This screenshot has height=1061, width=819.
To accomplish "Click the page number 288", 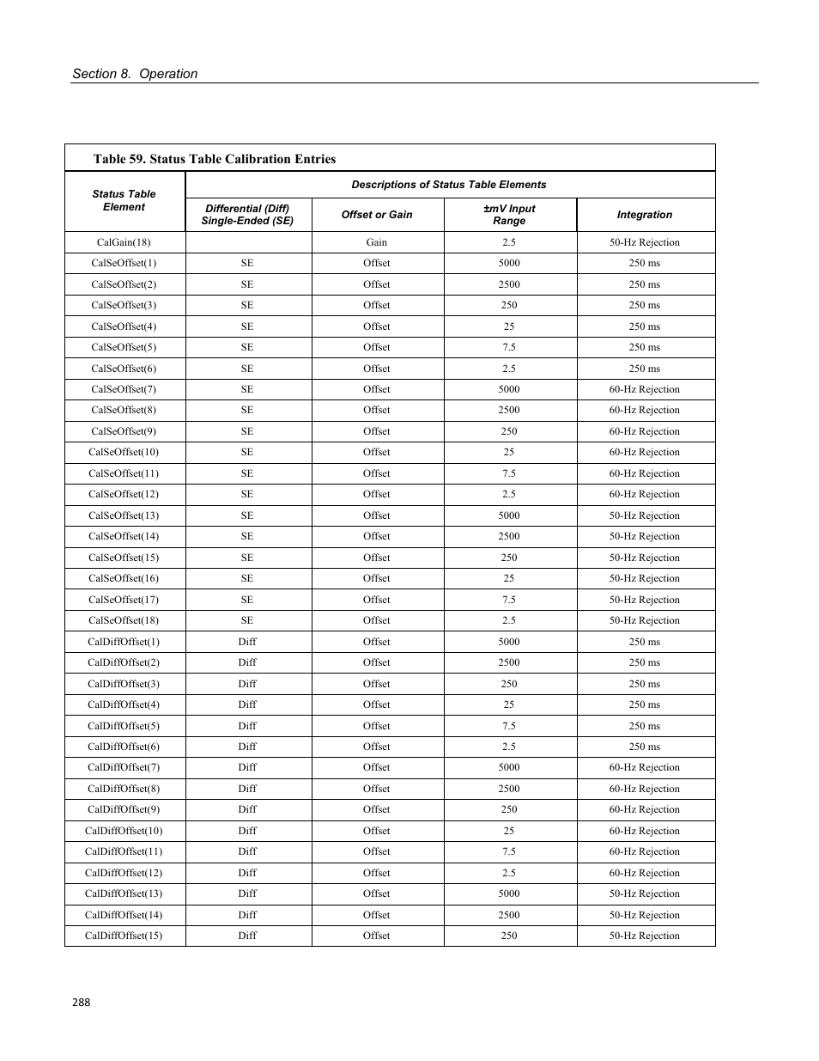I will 81,1002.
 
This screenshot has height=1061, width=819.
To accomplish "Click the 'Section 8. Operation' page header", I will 135,74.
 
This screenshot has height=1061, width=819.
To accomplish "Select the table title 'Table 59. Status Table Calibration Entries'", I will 215,159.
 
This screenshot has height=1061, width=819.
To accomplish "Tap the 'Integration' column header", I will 644,215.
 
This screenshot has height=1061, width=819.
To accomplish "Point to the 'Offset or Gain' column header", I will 377,215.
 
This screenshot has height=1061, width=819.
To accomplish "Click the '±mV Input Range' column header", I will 509,215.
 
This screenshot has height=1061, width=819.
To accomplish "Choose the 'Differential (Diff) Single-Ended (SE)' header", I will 247,215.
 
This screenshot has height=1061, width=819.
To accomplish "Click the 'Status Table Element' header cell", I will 124,201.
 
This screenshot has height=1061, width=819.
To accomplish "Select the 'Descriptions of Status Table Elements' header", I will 448,185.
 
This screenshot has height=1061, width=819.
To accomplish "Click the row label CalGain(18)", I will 124,242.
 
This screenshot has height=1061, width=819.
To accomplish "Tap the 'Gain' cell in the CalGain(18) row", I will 377,242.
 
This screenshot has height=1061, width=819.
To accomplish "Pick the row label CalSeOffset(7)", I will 124,389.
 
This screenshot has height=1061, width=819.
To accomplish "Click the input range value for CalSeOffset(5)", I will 509,347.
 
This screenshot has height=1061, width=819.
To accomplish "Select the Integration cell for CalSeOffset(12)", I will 644,494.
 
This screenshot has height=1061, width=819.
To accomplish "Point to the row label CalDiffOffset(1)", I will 124,642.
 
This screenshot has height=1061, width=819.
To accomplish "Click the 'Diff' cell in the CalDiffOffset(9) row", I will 247,809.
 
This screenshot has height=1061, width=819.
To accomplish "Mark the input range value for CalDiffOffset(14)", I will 509,915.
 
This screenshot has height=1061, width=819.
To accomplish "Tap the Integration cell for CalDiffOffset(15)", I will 644,936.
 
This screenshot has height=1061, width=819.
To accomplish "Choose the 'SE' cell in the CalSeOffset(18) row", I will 247,620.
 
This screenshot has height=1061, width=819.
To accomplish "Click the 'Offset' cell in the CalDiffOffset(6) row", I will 377,747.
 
